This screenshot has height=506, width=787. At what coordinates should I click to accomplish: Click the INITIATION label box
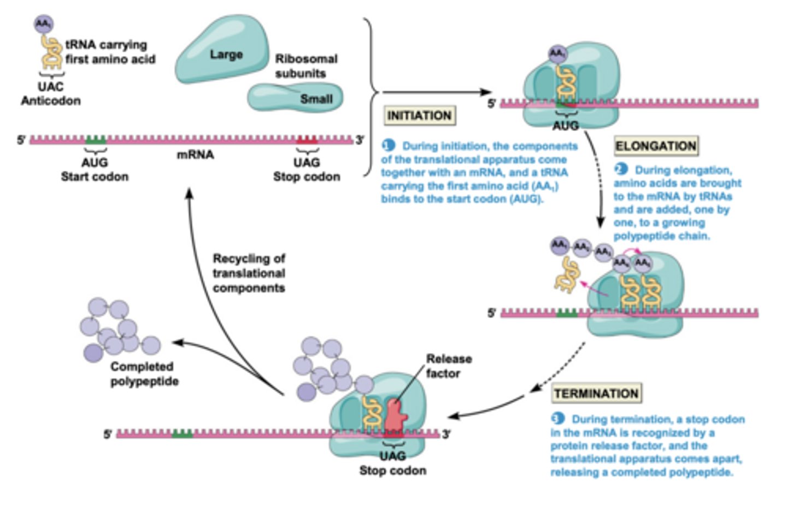[x=419, y=116]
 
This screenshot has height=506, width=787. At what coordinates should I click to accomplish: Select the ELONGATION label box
[x=656, y=146]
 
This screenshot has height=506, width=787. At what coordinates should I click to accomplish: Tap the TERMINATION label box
[x=596, y=394]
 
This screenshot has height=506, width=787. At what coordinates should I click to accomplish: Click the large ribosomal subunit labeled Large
[x=224, y=52]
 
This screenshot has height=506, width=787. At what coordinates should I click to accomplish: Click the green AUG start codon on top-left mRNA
[x=96, y=140]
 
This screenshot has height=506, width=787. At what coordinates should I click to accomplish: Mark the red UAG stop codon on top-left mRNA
[x=307, y=140]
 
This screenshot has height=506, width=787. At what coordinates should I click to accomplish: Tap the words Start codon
[x=95, y=177]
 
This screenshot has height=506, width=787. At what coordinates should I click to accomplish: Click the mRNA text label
[x=195, y=155]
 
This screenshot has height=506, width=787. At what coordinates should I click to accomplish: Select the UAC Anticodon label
[x=51, y=93]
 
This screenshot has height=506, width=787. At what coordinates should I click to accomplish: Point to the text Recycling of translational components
[x=249, y=273]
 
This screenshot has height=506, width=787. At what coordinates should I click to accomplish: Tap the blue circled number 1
[x=388, y=146]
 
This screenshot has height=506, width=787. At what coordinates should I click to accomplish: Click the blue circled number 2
[x=620, y=170]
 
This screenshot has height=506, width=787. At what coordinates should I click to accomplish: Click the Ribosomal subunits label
[x=306, y=66]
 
